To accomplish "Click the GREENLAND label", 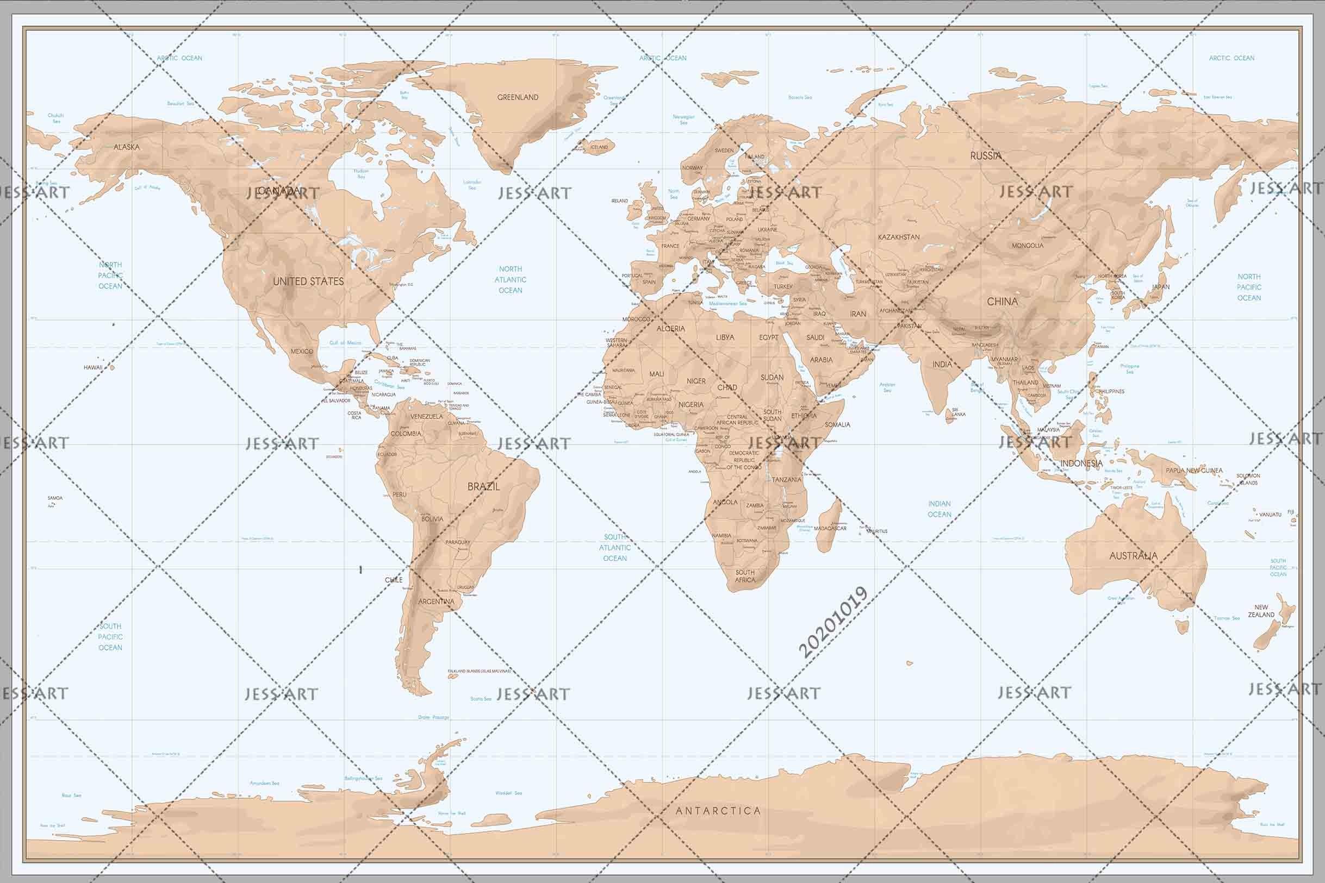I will pyautogui.click(x=518, y=97).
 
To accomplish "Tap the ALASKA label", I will pyautogui.click(x=127, y=147).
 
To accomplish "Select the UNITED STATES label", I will pyautogui.click(x=308, y=281).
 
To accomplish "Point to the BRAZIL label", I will pyautogui.click(x=483, y=486).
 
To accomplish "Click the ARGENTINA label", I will pyautogui.click(x=436, y=602).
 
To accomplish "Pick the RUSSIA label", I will pyautogui.click(x=985, y=155).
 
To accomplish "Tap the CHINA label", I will pyautogui.click(x=1002, y=301).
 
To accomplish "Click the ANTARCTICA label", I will pyautogui.click(x=718, y=811).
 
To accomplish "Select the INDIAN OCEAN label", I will pyautogui.click(x=939, y=509).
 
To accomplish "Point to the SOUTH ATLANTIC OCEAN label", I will pyautogui.click(x=614, y=547).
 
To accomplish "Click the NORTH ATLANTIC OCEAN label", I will pyautogui.click(x=511, y=279).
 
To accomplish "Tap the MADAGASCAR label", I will pyautogui.click(x=830, y=528).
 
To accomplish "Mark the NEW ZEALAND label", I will pyautogui.click(x=1261, y=611).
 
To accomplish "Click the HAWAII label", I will pyautogui.click(x=93, y=367).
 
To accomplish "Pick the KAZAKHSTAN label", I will pyautogui.click(x=899, y=237).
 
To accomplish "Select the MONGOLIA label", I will pyautogui.click(x=1028, y=246).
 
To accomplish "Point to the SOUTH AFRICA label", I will pyautogui.click(x=745, y=575).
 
